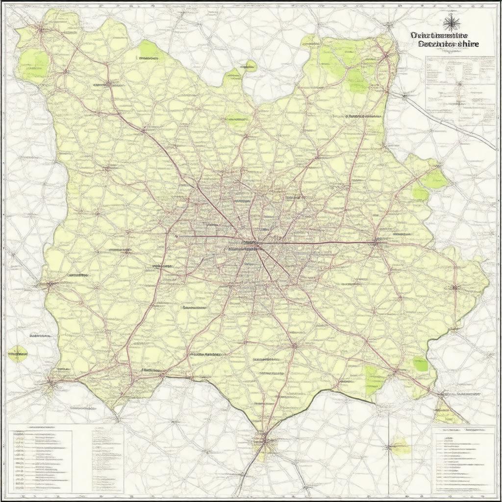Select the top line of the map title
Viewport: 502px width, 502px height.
pyautogui.click(x=439, y=35)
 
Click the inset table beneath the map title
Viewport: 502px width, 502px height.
pyautogui.click(x=460, y=83)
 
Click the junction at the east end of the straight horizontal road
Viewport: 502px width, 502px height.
pyautogui.click(x=376, y=242)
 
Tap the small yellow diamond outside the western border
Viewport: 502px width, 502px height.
pyautogui.click(x=18, y=353)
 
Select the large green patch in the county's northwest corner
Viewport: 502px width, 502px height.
pyautogui.click(x=33, y=64)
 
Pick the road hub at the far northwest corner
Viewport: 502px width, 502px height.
pyautogui.click(x=41, y=29)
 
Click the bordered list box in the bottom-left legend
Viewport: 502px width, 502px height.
pyautogui.click(x=41, y=461)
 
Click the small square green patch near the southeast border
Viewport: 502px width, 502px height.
pyautogui.click(x=420, y=364)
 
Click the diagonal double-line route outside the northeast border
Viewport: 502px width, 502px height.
pyautogui.click(x=451, y=120)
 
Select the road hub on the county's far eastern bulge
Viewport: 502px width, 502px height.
pyautogui.click(x=455, y=286)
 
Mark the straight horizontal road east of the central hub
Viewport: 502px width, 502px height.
pyautogui.click(x=319, y=243)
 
